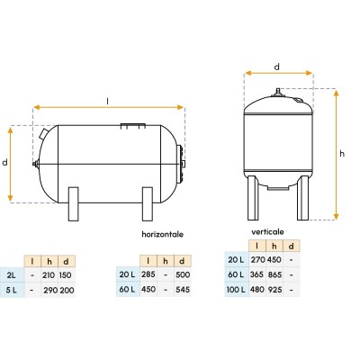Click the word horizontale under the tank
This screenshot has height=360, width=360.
(162, 234)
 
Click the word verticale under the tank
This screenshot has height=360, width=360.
(267, 231)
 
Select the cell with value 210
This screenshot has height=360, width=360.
(49, 275)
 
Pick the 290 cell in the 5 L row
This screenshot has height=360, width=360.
(49, 290)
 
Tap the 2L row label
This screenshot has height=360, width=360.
(11, 275)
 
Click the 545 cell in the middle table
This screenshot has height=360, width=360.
(183, 289)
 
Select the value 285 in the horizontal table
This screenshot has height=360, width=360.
(148, 274)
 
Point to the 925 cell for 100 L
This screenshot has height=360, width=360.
(274, 289)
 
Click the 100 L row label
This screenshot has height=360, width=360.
(237, 289)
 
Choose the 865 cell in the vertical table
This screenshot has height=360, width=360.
(274, 274)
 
